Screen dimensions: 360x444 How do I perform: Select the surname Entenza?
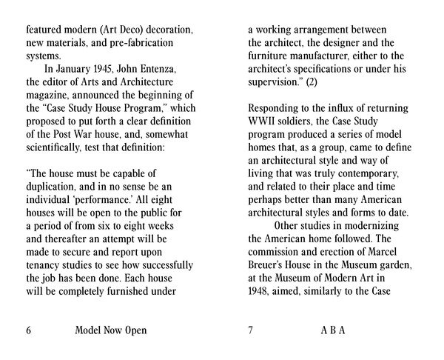[168, 70]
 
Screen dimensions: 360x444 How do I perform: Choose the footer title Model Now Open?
[111, 330]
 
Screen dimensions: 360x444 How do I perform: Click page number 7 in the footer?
[251, 330]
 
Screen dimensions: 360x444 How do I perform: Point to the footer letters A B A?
[333, 330]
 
